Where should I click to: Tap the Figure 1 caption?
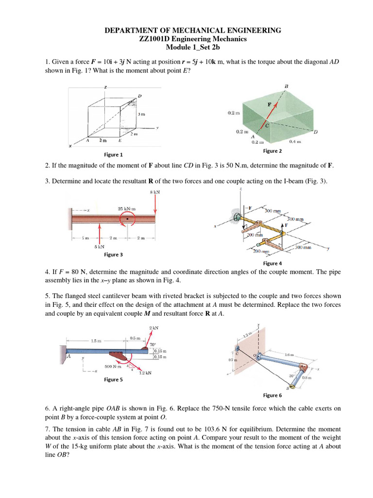[113, 155]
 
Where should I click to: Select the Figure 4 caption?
[272, 263]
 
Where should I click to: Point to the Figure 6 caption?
[272, 395]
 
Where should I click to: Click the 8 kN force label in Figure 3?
[155, 193]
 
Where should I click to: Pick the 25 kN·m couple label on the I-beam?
[127, 209]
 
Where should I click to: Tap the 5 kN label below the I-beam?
[100, 246]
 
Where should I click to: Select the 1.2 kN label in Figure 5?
[145, 373]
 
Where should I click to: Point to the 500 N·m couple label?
[113, 366]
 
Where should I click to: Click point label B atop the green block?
[286, 87]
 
